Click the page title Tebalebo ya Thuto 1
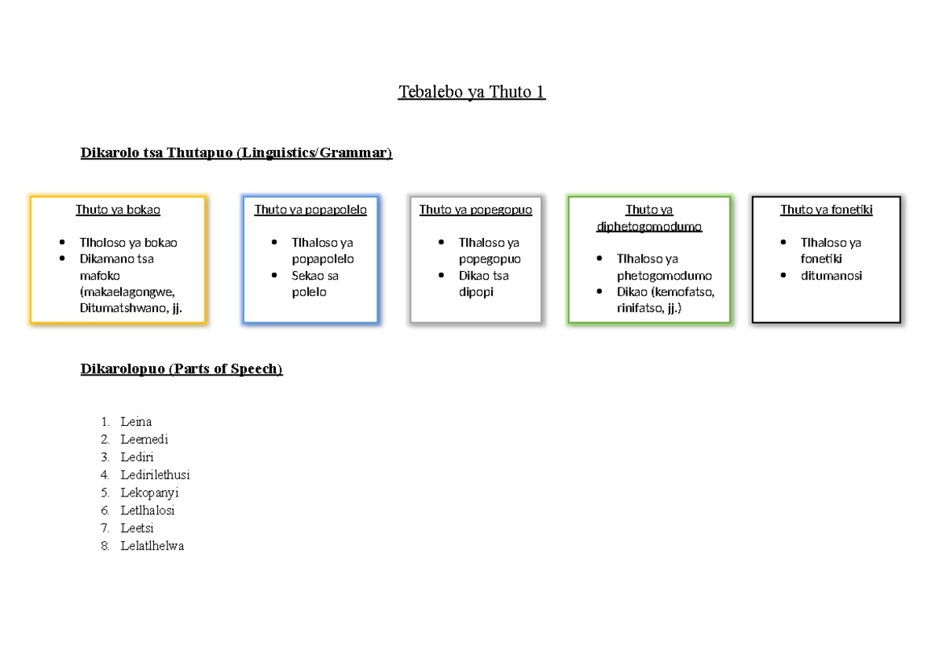coord(472,92)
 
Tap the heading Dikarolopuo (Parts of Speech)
coord(182,368)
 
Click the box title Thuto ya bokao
coord(118,210)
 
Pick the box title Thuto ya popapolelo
coord(310,210)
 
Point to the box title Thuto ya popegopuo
coord(475,210)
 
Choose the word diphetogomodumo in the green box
coord(649,226)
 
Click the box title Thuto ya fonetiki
coord(827,210)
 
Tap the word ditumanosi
coord(831,276)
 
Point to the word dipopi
coord(476,292)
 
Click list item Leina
coord(136,422)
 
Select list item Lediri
coord(137,457)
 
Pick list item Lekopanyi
coord(149,493)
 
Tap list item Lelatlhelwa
coord(152,546)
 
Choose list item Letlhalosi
coord(148,511)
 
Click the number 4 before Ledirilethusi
coord(105,475)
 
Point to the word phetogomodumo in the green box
coord(664,276)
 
